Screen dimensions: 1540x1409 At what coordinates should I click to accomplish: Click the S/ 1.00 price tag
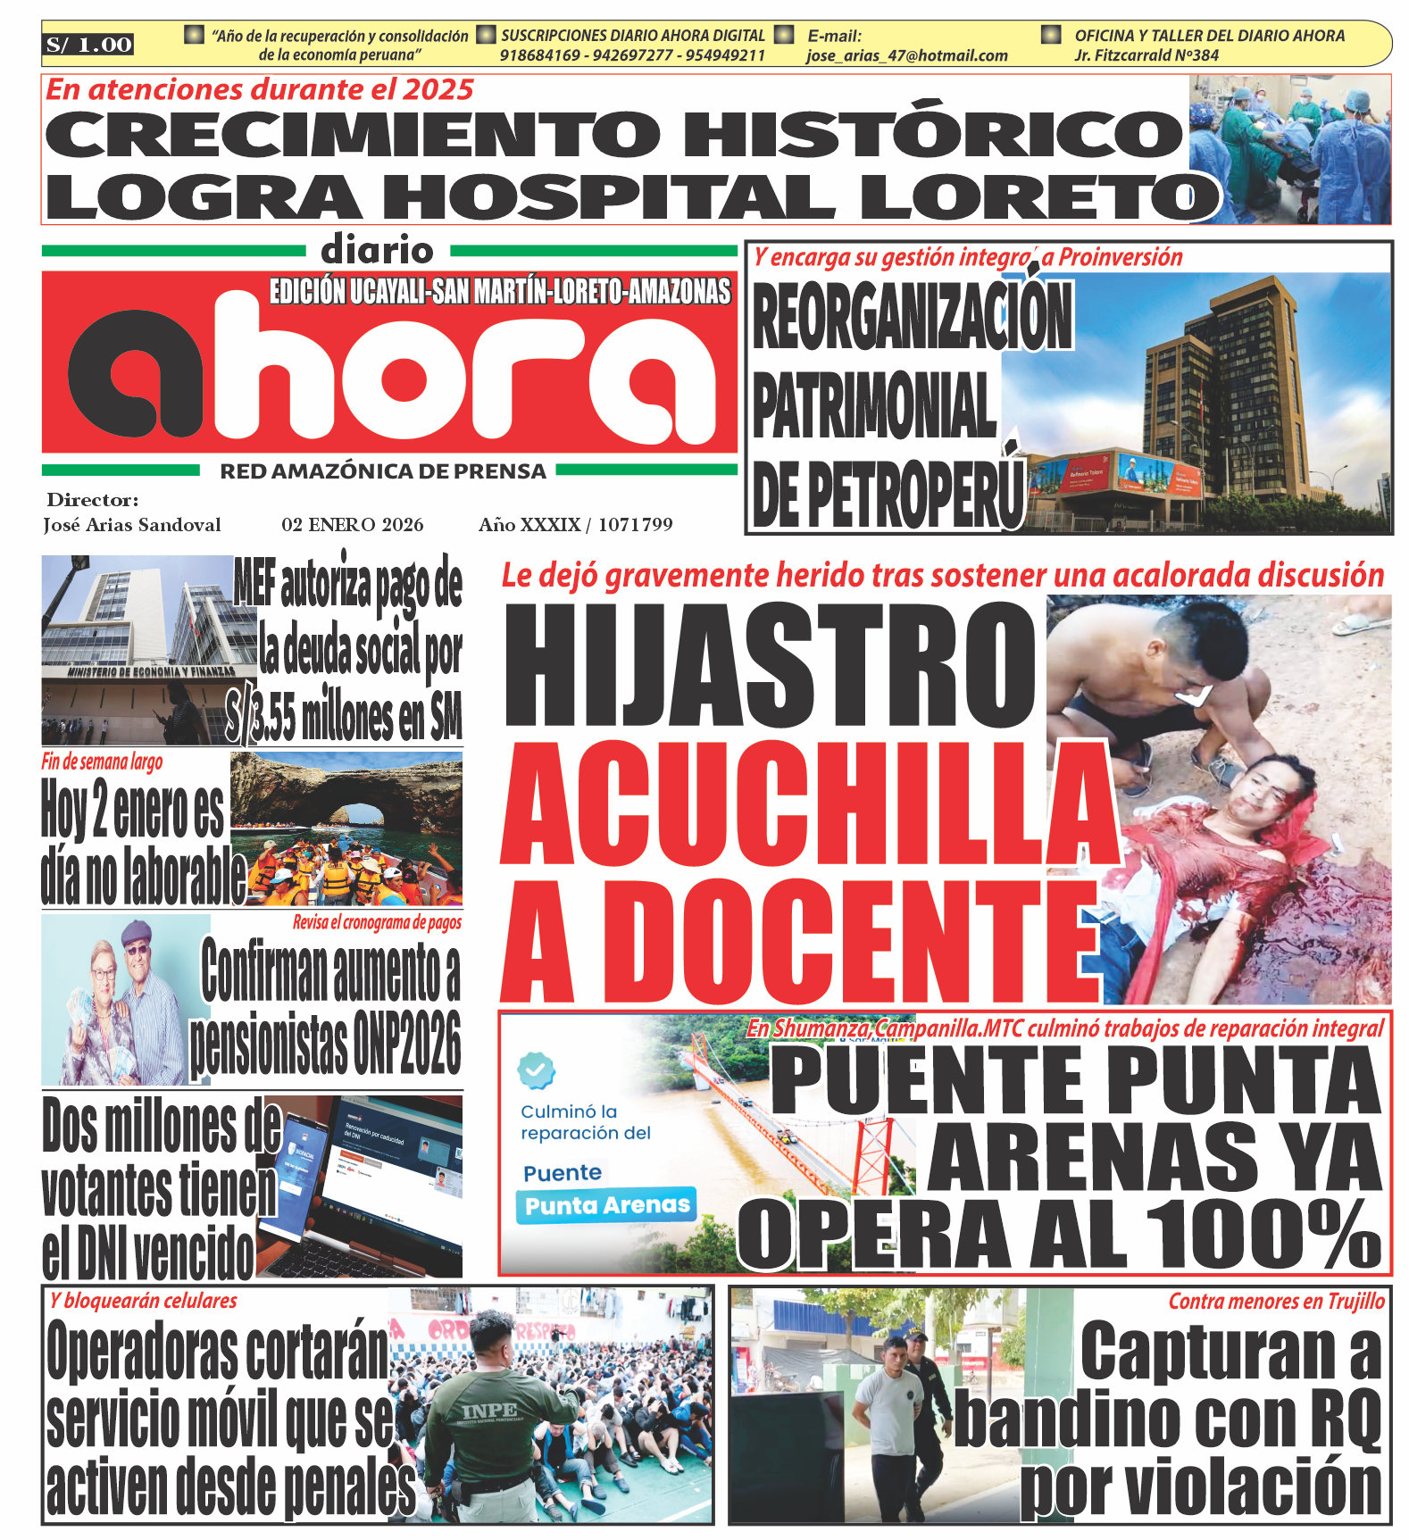pyautogui.click(x=88, y=45)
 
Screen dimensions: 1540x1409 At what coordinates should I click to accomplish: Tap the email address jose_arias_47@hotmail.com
pyautogui.click(x=906, y=55)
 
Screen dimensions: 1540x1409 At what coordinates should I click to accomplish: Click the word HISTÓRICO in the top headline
pyautogui.click(x=933, y=134)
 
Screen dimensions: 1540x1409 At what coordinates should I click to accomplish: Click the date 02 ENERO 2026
pyautogui.click(x=353, y=525)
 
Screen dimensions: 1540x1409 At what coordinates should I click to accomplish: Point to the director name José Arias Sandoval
pyautogui.click(x=132, y=525)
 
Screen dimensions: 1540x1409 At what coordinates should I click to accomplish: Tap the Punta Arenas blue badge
pyautogui.click(x=607, y=1206)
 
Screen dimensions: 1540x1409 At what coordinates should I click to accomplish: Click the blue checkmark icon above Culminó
pyautogui.click(x=536, y=1069)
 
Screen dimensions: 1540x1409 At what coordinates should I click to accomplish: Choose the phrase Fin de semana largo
pyautogui.click(x=102, y=762)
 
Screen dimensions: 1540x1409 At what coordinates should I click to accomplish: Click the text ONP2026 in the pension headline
pyautogui.click(x=406, y=1043)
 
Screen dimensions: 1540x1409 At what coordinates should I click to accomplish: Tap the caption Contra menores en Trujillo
pyautogui.click(x=1276, y=1302)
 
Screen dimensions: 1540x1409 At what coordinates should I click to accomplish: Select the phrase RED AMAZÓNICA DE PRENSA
pyautogui.click(x=383, y=471)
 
